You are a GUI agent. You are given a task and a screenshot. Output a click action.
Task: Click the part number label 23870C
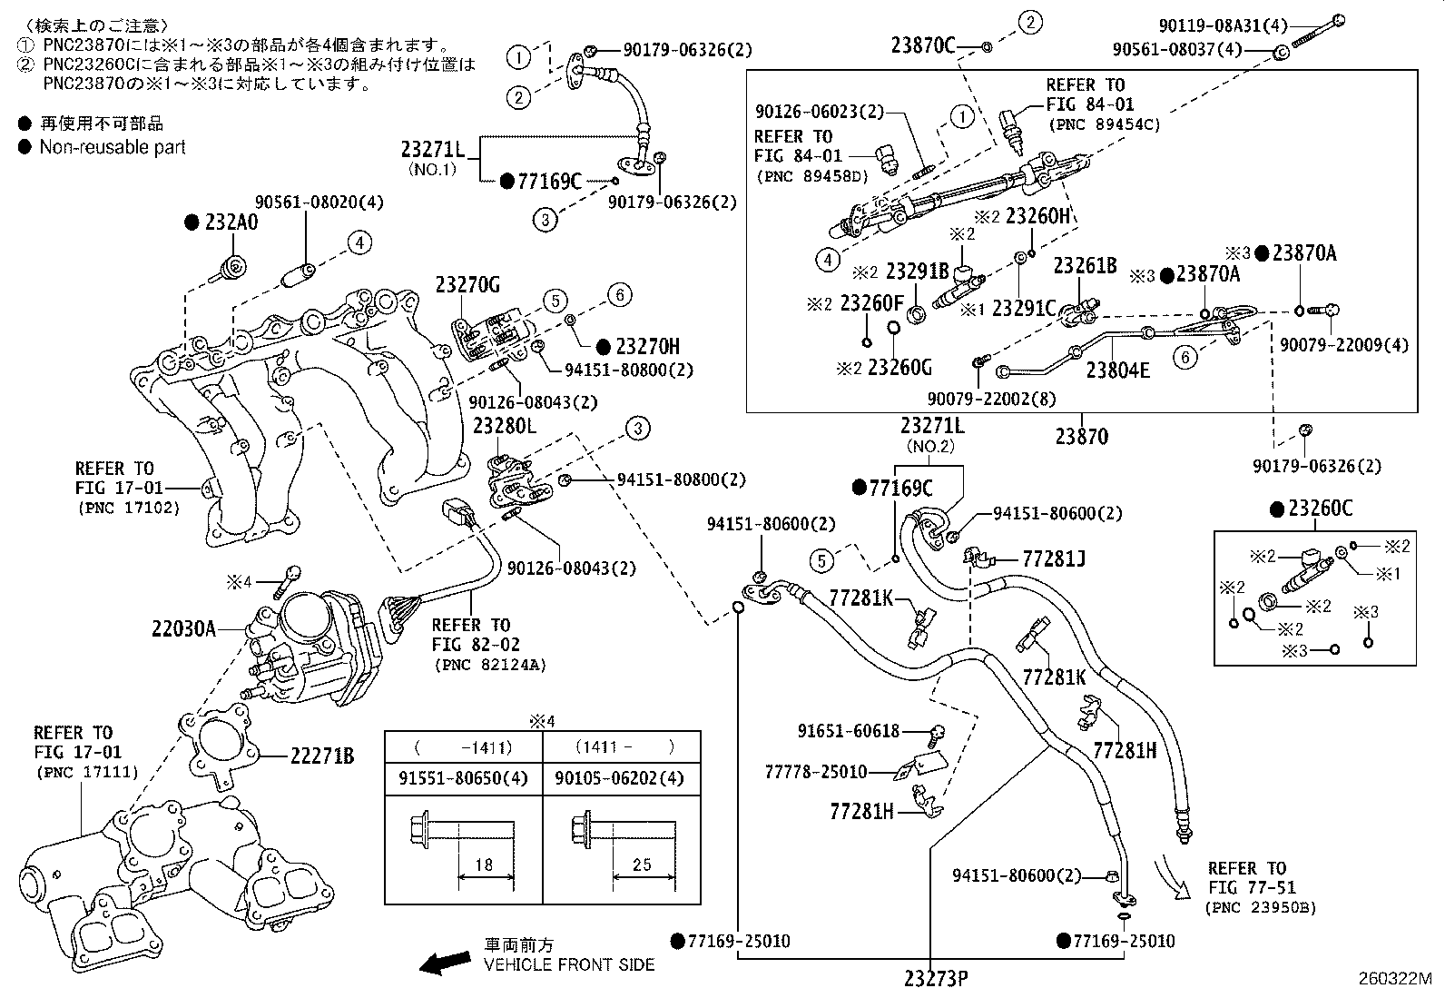(x=923, y=45)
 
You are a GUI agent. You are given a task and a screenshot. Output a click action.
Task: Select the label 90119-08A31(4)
(x=1224, y=25)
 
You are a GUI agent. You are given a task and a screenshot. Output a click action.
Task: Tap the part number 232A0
(x=231, y=222)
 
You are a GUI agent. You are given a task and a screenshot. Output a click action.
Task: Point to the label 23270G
(x=467, y=284)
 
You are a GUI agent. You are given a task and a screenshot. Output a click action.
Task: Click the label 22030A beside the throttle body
(x=184, y=628)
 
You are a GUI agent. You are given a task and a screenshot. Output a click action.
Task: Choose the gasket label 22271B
(x=322, y=756)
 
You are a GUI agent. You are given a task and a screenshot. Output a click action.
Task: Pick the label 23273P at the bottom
(x=936, y=979)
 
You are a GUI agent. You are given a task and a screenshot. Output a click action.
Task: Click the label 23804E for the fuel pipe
(x=1118, y=370)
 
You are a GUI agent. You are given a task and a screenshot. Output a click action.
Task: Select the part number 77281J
(x=1054, y=558)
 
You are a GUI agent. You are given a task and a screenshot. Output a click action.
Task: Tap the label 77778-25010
(x=816, y=771)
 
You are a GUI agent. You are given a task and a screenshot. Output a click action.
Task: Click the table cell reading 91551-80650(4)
(x=463, y=778)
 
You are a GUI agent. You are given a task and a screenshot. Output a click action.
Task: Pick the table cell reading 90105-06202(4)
(x=619, y=778)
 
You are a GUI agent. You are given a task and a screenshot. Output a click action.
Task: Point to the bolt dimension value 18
(x=484, y=865)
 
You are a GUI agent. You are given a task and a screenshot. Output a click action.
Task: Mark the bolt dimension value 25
(x=642, y=865)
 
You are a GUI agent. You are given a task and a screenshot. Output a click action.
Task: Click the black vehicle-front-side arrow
(x=445, y=963)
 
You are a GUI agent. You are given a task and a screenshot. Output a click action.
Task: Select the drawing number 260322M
(x=1395, y=979)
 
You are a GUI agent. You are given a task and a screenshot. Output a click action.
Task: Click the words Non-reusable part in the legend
(x=113, y=147)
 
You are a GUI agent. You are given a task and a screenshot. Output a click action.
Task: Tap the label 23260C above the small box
(x=1321, y=509)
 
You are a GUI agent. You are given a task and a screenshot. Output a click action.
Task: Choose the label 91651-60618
(x=849, y=731)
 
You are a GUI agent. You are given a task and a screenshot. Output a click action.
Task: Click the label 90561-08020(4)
(x=319, y=203)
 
